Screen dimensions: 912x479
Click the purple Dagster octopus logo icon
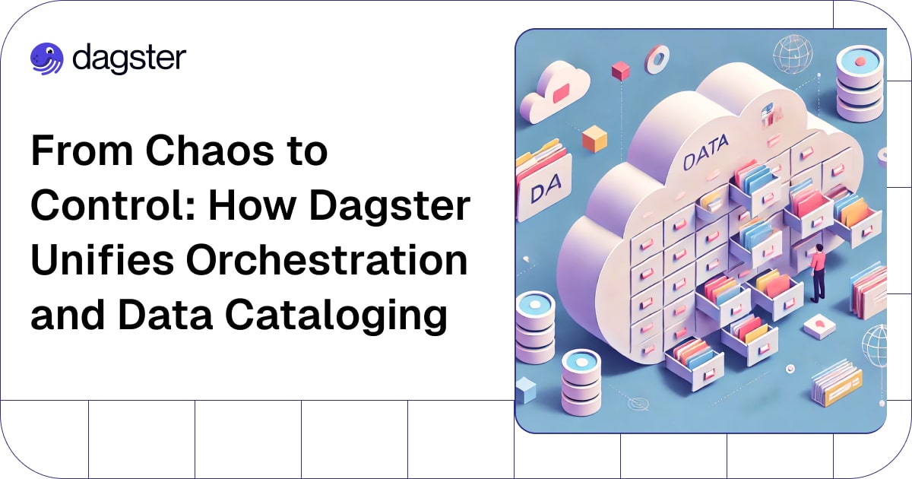coord(47,59)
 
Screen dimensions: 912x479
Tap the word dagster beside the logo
coord(129,59)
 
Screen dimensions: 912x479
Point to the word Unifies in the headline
coord(102,260)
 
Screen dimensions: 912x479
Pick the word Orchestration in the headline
coord(327,260)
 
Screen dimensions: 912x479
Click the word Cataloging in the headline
coord(336,316)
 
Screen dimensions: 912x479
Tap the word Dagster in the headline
coord(390,206)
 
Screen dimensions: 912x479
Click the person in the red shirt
coord(817,273)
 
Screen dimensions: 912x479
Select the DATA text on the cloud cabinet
coord(705,152)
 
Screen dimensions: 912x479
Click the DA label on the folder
coord(546,189)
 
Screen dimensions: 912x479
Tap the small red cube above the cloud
coord(620,71)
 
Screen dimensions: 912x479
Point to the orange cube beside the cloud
coord(594,139)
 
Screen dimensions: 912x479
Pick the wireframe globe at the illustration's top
coord(793,55)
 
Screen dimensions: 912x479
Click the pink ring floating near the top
coord(657,59)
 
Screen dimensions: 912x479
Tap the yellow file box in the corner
coord(837,383)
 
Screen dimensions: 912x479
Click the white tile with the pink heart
coord(819,326)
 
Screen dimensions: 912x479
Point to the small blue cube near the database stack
coord(526,390)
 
